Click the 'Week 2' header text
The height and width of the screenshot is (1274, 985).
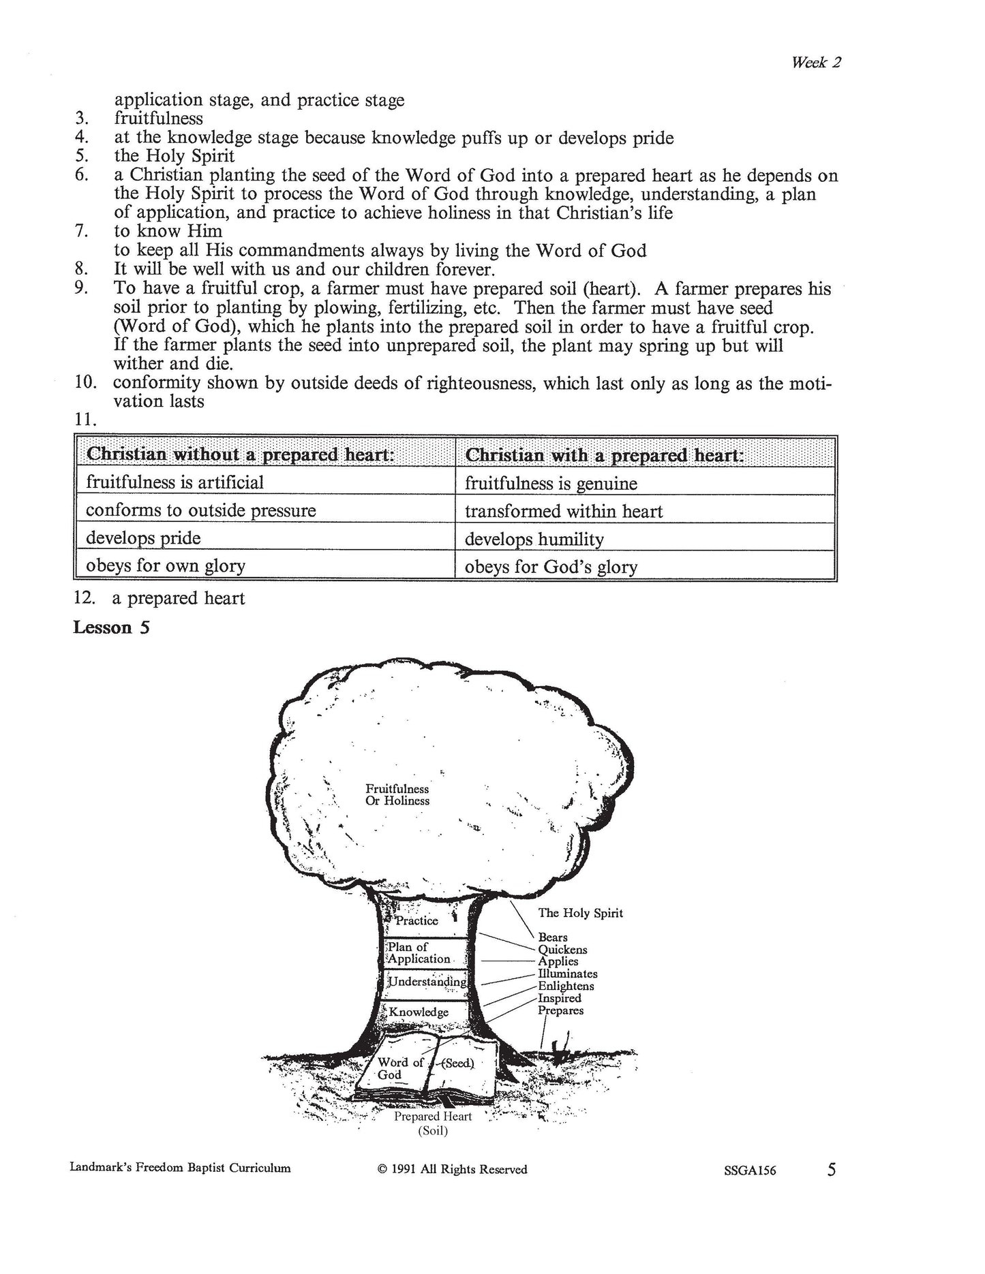(816, 63)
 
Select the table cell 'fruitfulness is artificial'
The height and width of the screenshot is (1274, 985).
(175, 482)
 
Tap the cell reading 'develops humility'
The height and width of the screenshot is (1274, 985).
(534, 540)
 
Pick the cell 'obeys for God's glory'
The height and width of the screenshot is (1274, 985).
(551, 567)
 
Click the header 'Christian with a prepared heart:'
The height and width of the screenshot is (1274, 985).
(603, 454)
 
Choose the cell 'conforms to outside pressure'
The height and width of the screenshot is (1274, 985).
(200, 510)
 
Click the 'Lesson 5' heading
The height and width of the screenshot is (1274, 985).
(111, 627)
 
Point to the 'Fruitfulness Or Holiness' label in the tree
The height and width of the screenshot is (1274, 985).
(397, 795)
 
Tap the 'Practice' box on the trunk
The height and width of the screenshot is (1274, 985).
(416, 920)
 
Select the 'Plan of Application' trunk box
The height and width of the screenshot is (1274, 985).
(419, 952)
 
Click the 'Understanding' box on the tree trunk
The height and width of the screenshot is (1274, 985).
(427, 982)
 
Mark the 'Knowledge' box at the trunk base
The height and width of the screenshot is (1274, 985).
(419, 1012)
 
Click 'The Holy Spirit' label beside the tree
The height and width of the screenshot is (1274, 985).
(580, 913)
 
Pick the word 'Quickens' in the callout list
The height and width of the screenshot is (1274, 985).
(562, 949)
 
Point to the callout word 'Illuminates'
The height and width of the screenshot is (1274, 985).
(567, 974)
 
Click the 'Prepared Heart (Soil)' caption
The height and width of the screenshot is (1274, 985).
(433, 1123)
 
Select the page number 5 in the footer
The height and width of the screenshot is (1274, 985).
(831, 1170)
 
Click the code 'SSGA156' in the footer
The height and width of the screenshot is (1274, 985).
(751, 1170)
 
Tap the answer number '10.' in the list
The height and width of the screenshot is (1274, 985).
(85, 383)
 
